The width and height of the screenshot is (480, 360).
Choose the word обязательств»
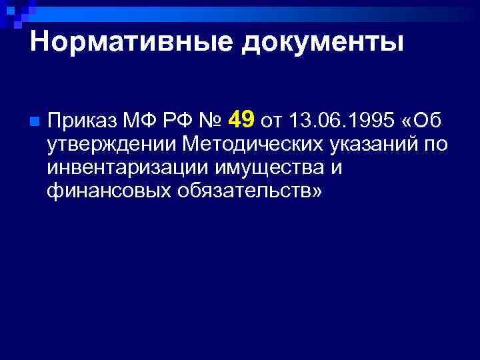click(x=250, y=191)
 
